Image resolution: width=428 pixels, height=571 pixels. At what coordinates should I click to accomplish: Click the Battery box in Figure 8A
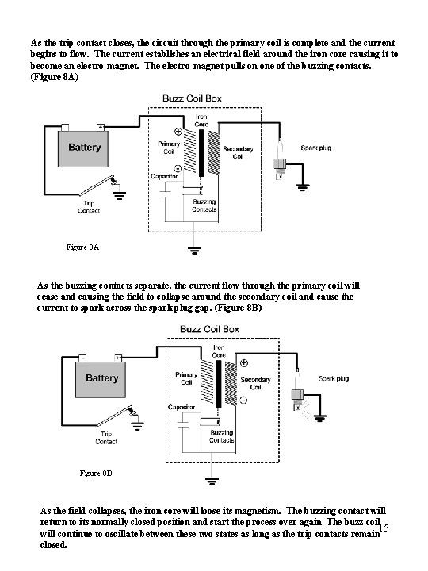pyautogui.click(x=83, y=148)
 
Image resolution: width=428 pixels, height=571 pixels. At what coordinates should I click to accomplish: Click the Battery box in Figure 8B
pyautogui.click(x=101, y=379)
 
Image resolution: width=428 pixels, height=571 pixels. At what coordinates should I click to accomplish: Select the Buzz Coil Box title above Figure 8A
pyautogui.click(x=192, y=98)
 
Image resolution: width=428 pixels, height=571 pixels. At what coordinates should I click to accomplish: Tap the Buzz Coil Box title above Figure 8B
pyautogui.click(x=209, y=330)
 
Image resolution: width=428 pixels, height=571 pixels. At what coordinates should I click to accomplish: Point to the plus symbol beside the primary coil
pyautogui.click(x=178, y=132)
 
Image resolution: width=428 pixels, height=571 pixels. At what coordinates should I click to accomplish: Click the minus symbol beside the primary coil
pyautogui.click(x=178, y=168)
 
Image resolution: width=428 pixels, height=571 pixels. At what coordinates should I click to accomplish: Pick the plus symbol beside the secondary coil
pyautogui.click(x=244, y=362)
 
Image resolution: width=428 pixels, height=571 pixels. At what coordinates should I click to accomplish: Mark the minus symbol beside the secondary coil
pyautogui.click(x=244, y=400)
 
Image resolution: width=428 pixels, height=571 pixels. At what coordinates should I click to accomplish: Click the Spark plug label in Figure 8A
pyautogui.click(x=316, y=148)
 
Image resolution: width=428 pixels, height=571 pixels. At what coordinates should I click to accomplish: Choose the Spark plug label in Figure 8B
pyautogui.click(x=334, y=379)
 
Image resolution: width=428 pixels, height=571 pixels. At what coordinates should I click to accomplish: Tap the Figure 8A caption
pyautogui.click(x=82, y=247)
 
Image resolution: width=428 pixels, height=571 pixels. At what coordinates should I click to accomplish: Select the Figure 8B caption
pyautogui.click(x=96, y=473)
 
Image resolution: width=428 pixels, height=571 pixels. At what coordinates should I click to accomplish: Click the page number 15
pyautogui.click(x=384, y=527)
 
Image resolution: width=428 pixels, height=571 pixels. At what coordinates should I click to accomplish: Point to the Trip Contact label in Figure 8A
pyautogui.click(x=89, y=207)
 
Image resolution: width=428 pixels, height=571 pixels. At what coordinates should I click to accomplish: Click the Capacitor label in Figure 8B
pyautogui.click(x=182, y=407)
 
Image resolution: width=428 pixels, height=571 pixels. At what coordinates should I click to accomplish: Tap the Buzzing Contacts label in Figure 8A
pyautogui.click(x=204, y=205)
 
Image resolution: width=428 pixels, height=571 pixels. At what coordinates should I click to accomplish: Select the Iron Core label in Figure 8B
pyautogui.click(x=219, y=351)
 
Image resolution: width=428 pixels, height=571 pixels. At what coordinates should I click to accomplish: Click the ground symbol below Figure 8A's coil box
pyautogui.click(x=194, y=250)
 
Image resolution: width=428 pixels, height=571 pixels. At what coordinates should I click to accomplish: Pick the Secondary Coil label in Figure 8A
pyautogui.click(x=238, y=152)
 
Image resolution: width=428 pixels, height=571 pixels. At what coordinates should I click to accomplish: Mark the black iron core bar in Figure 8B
pyautogui.click(x=219, y=384)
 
